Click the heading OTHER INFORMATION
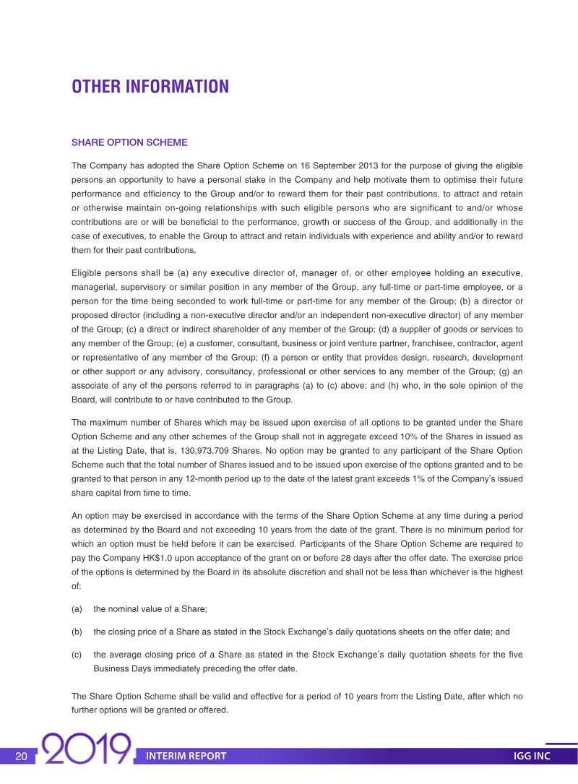pos(150,87)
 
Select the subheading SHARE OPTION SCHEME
pos(129,142)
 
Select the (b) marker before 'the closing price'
pos(77,632)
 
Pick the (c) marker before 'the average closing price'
pos(77,655)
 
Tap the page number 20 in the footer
pos(21,756)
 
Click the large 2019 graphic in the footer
pos(87,750)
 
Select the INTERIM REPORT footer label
pos(186,756)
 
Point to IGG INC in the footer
pos(532,756)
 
